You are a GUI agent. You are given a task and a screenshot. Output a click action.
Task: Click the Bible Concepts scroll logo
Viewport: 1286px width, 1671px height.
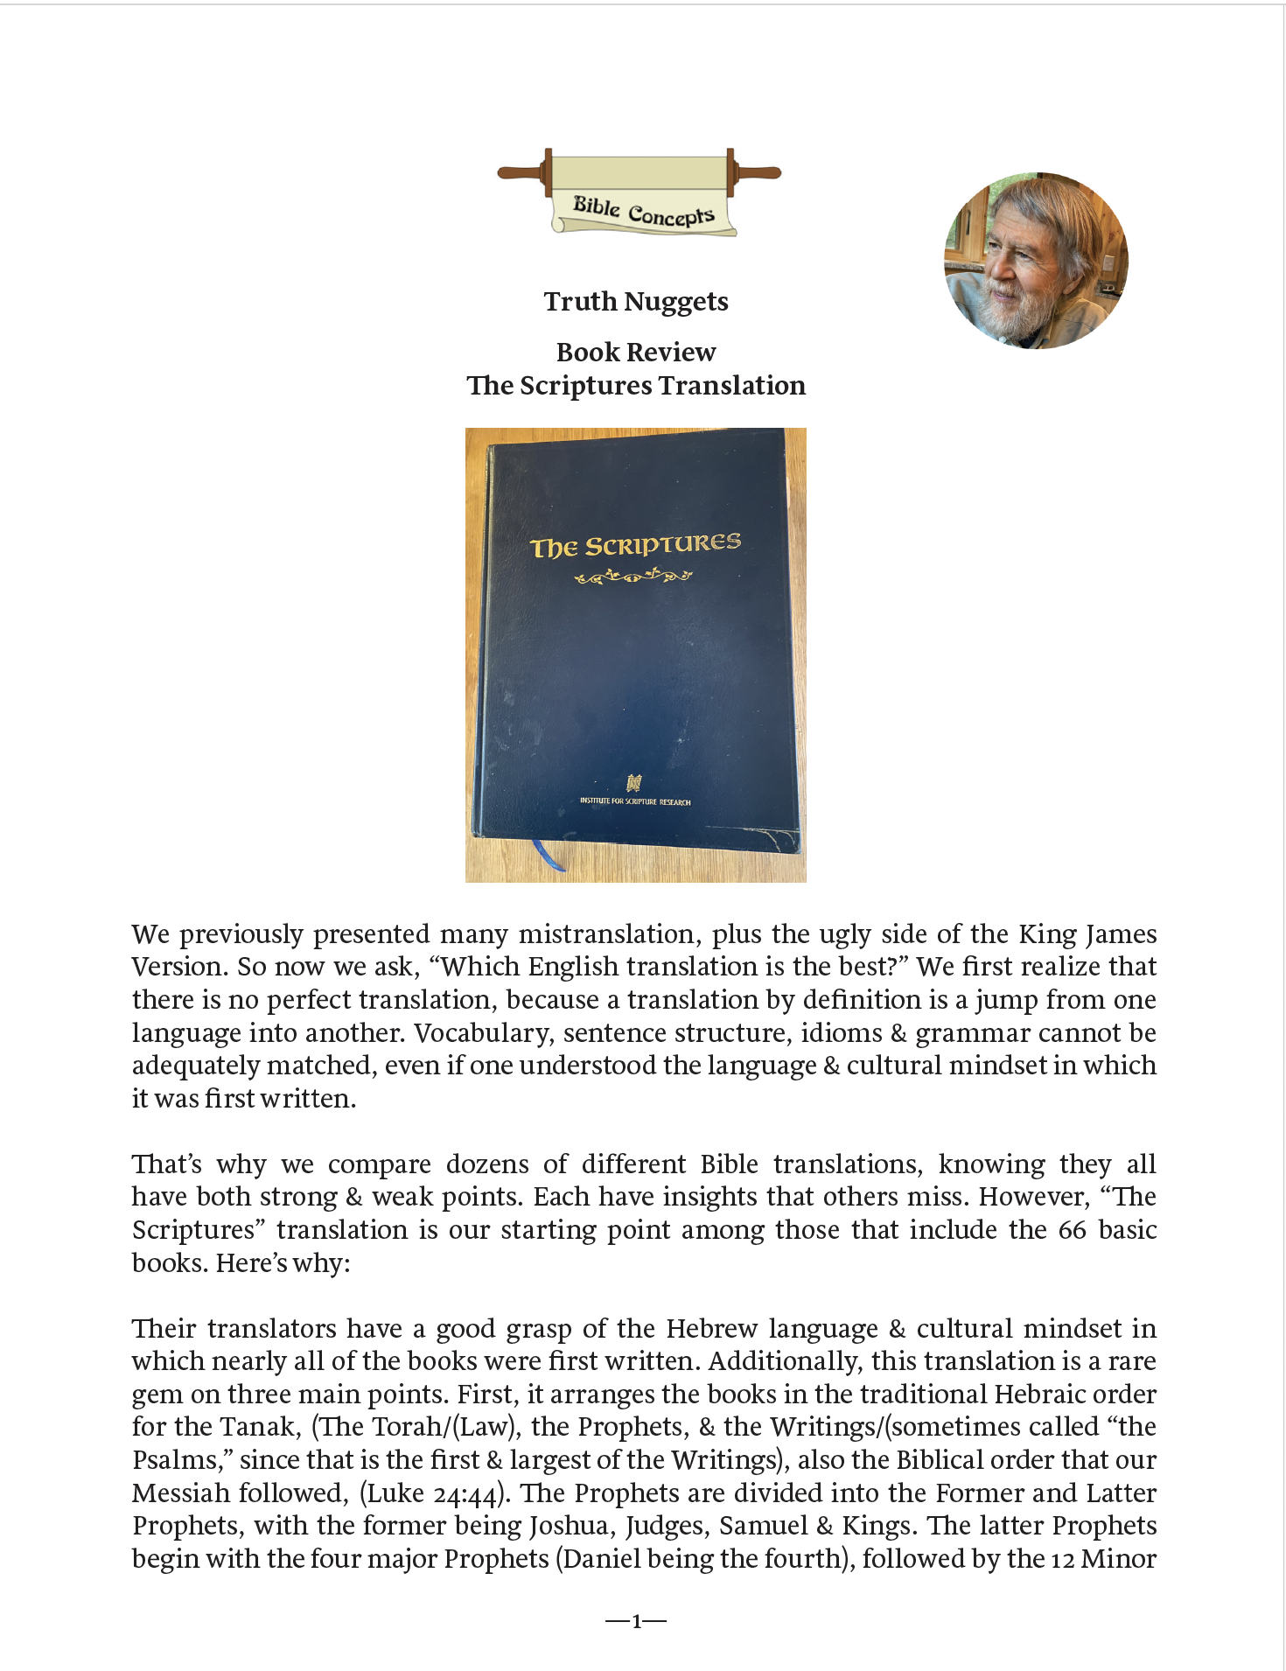640,193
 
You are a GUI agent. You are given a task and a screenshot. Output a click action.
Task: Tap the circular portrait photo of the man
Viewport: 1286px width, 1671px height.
1036,261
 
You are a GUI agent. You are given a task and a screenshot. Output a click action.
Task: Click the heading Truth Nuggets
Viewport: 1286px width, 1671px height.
636,302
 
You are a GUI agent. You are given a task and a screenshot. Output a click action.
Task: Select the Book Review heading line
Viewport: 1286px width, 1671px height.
636,352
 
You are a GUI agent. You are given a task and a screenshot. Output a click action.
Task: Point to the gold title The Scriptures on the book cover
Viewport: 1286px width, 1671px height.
636,545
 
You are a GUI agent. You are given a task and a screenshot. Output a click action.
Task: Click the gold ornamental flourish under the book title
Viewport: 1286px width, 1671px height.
633,576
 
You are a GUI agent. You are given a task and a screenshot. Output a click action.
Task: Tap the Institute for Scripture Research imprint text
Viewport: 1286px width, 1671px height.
635,801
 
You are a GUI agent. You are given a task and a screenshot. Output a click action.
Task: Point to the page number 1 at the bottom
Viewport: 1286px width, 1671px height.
636,1621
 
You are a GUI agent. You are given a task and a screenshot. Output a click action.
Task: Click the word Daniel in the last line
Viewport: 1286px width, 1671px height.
605,1559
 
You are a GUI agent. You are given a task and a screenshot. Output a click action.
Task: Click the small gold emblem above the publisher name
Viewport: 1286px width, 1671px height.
634,782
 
